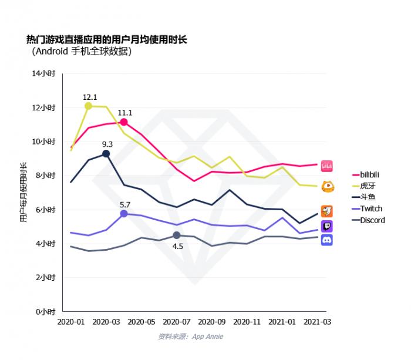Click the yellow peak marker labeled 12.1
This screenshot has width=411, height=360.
click(89, 106)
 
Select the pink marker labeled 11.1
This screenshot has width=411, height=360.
click(124, 122)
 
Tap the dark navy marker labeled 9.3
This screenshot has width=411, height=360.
click(106, 153)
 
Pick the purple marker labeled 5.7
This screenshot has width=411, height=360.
click(124, 214)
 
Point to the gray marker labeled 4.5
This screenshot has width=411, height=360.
click(177, 235)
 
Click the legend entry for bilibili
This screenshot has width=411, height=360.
click(370, 175)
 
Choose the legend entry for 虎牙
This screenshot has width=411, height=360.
click(368, 186)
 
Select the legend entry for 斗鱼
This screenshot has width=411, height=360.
click(368, 197)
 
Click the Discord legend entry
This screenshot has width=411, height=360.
click(372, 220)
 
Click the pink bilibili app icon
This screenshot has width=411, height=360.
click(327, 167)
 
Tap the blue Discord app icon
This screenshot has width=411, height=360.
click(327, 240)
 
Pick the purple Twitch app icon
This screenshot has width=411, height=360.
click(327, 226)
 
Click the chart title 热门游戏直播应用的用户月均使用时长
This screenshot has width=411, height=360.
click(106, 39)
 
